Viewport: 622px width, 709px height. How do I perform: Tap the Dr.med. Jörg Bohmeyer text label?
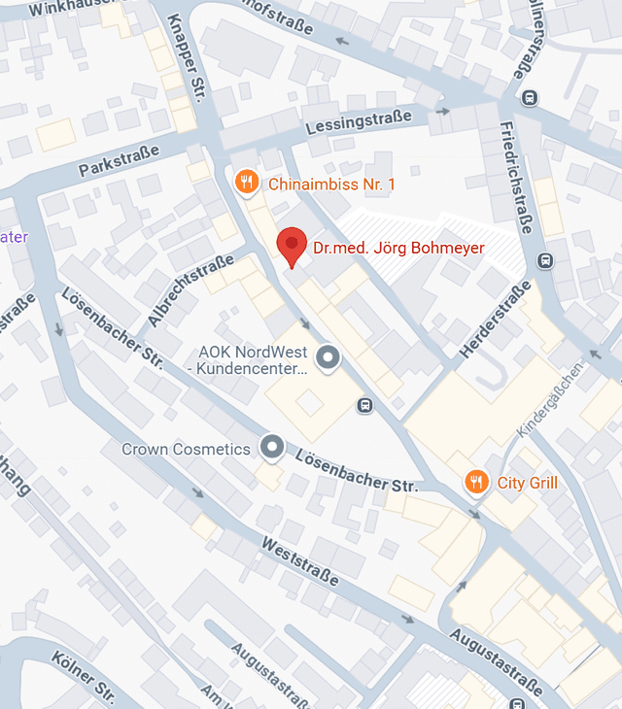[398, 249]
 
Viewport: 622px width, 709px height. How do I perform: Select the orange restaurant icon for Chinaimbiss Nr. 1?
[247, 182]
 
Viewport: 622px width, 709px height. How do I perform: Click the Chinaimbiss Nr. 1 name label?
[331, 184]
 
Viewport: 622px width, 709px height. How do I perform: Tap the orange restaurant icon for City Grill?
[475, 482]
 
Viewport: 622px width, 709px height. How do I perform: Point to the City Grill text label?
[528, 483]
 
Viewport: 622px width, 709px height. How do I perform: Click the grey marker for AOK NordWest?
[329, 358]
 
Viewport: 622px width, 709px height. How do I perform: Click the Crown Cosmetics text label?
[186, 450]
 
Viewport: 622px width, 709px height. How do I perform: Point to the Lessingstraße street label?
[358, 121]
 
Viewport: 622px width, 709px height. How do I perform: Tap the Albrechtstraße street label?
[191, 290]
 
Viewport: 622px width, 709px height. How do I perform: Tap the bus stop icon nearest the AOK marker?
[364, 406]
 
